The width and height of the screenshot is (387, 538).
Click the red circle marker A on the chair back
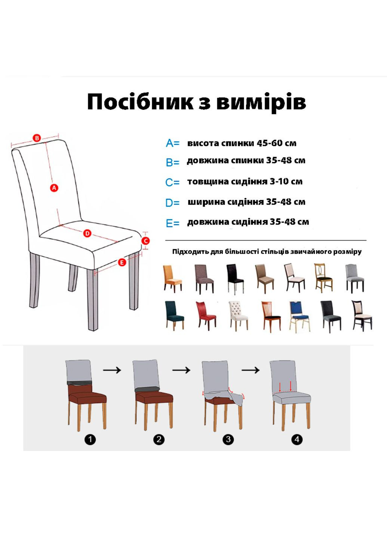54,188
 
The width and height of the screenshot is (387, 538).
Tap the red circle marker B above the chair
37,138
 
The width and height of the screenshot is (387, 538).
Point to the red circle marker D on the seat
87,233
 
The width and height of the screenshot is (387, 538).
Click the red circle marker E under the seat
122,262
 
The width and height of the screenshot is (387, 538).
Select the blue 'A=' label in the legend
173,143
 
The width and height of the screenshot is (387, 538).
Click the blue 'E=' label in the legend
173,223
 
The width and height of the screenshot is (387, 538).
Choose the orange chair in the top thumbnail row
172,279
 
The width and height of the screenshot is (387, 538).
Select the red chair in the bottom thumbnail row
206,316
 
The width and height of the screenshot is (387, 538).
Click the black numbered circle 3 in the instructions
228,439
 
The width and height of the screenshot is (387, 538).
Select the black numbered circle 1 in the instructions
90,439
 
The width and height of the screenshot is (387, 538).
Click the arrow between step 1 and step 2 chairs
112,370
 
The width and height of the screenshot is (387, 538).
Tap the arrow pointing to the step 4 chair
251,370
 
